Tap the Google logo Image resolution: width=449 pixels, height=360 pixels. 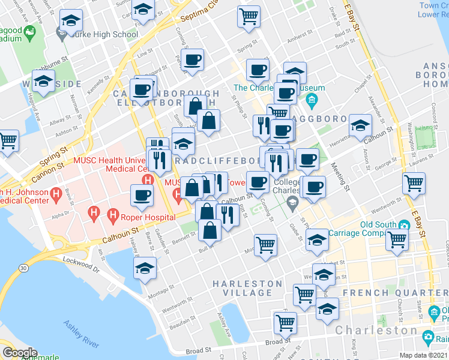coord(20,352)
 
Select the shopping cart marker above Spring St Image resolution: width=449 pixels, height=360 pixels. coord(249,16)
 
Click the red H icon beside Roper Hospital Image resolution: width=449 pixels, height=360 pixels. coord(112,214)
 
